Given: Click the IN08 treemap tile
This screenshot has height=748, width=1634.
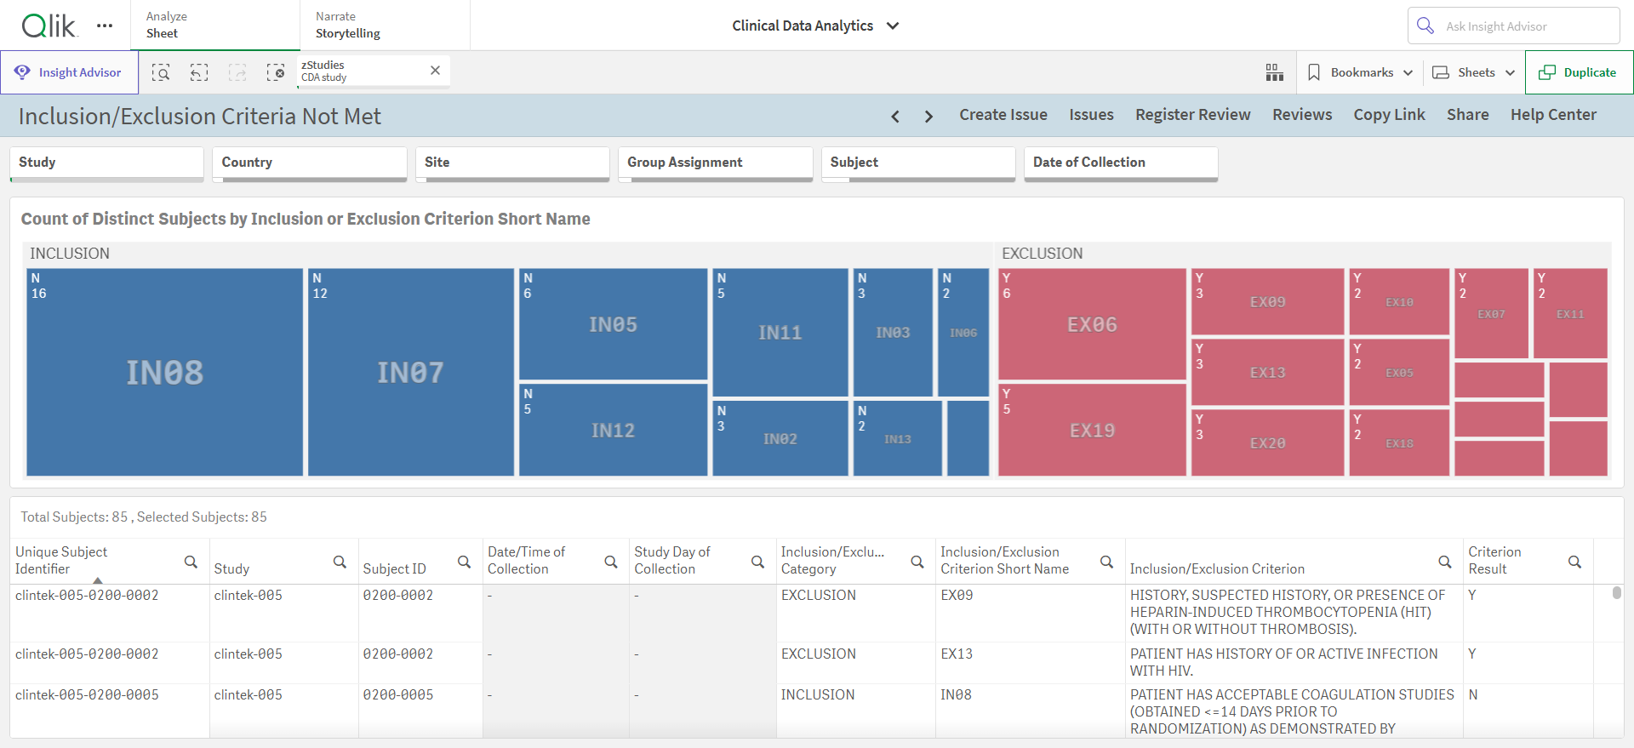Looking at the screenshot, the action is [164, 372].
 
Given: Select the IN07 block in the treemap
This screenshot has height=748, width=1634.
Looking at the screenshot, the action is [410, 372].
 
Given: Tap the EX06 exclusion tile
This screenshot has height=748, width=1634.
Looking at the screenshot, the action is [1092, 324].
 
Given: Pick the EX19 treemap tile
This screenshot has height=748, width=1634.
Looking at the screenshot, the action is [1092, 430].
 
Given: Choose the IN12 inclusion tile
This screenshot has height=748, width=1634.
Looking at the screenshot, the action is [613, 430].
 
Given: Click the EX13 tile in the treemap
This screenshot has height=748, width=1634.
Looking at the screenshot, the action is [1267, 372].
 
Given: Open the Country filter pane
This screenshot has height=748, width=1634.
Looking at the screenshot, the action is [310, 163].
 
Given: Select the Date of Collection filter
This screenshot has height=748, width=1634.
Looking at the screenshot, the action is [1121, 163].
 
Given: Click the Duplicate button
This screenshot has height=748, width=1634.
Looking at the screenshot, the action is [1579, 72].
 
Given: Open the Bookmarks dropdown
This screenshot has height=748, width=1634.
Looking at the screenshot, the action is [1360, 72].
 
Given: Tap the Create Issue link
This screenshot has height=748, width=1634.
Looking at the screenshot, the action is [1003, 115].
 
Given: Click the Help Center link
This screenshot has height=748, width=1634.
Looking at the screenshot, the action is [1553, 115].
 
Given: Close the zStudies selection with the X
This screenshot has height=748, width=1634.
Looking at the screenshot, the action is [435, 71].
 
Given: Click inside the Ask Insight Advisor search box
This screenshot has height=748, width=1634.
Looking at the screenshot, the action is [1514, 26].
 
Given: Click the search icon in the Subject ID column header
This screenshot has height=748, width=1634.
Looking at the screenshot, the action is [464, 562].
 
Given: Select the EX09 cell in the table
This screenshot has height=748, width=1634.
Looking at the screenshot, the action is [957, 595].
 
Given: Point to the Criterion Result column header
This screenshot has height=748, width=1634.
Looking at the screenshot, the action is [1494, 560].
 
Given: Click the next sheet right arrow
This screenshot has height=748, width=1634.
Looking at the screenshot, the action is [928, 117].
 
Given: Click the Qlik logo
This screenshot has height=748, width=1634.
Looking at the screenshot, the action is [49, 26].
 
